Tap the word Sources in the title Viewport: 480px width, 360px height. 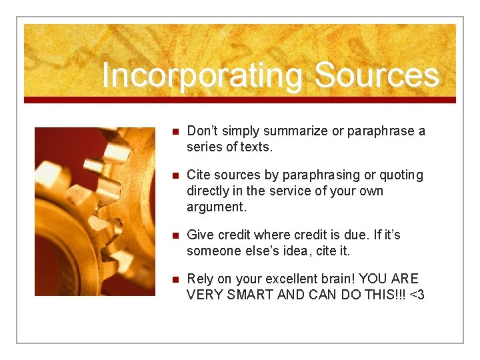click(376, 75)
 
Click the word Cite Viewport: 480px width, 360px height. click(199, 175)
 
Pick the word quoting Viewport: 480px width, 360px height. click(401, 175)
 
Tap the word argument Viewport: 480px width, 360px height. click(216, 207)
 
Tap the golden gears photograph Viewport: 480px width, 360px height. click(95, 211)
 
